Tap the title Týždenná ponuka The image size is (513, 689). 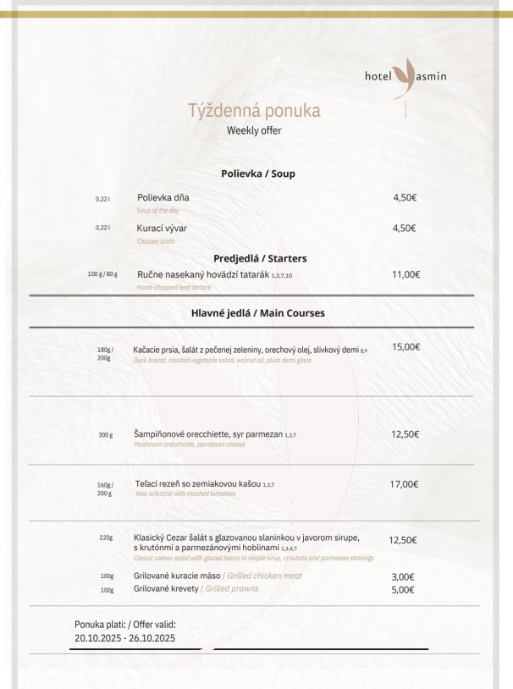click(254, 111)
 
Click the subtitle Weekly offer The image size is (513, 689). click(254, 130)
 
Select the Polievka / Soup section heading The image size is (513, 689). click(257, 174)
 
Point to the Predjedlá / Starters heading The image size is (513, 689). click(260, 258)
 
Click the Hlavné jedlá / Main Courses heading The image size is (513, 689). click(257, 313)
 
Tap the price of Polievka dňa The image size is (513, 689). click(405, 197)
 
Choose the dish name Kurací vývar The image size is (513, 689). click(162, 229)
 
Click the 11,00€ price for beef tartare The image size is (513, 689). click(406, 274)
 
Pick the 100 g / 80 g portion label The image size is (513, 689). click(102, 274)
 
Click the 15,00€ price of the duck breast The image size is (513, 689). click(406, 347)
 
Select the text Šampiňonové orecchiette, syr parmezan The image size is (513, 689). click(208, 434)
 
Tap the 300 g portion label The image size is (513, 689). click(105, 435)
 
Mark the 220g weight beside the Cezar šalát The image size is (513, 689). click(106, 537)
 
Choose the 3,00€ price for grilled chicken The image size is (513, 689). click(403, 576)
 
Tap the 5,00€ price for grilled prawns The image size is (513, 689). click(403, 590)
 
